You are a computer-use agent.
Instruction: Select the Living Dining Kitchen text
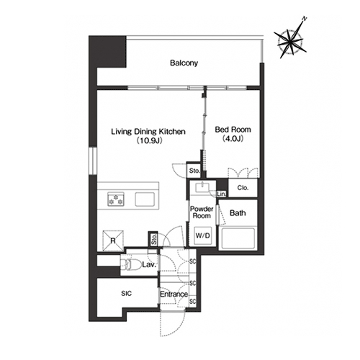point(148,132)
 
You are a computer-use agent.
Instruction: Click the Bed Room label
point(233,130)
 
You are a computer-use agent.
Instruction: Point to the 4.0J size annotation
point(233,139)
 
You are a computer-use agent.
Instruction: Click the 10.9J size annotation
point(149,140)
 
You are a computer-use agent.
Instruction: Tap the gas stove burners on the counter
point(116,199)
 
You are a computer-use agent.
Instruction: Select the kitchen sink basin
point(145,199)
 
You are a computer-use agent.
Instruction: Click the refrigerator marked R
point(113,240)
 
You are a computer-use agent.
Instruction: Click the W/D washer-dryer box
point(203,235)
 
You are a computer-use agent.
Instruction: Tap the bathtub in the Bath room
point(238,238)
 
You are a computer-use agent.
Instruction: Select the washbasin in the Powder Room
point(203,187)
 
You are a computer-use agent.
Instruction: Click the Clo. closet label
point(243,188)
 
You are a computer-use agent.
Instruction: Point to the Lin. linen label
point(221,194)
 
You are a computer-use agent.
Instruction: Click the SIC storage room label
point(127,293)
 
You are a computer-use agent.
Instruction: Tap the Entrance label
point(174,294)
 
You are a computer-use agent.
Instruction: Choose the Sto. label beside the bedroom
point(194,171)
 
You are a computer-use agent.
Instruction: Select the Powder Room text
point(202,212)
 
